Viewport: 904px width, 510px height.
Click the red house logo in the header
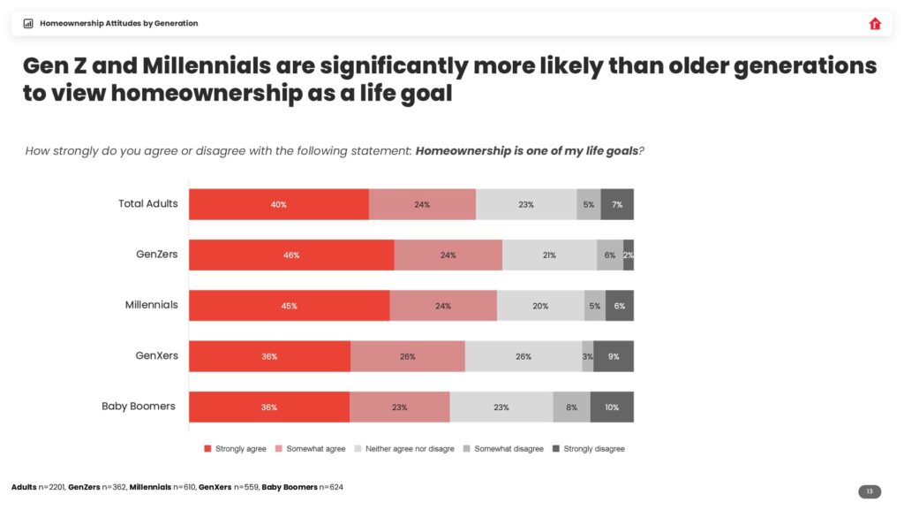875,24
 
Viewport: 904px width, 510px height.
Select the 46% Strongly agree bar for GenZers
291,255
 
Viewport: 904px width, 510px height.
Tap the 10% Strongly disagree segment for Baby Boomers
612,407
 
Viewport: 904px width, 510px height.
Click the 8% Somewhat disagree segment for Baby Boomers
571,407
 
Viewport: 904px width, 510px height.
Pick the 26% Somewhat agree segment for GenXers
407,356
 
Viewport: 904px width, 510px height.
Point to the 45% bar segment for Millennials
289,306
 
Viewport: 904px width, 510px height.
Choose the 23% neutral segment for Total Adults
526,204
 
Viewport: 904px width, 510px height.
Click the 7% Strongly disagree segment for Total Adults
617,204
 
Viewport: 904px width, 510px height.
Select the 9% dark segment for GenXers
613,356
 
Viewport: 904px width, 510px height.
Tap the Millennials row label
151,305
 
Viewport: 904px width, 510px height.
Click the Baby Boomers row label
139,407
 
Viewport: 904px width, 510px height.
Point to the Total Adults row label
147,203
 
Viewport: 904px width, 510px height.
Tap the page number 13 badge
869,491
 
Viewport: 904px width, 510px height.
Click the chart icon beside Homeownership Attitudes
28,24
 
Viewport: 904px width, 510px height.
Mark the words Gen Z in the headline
60,66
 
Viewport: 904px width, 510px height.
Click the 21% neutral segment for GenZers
549,255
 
